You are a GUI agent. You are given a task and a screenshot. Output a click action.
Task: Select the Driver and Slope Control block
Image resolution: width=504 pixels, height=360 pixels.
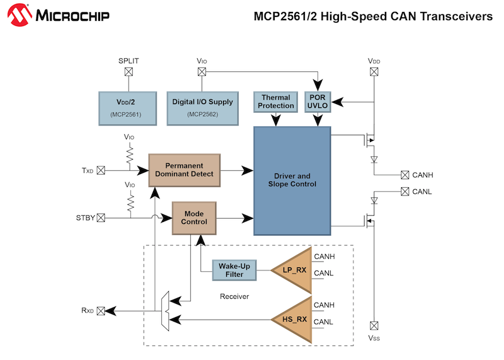291,180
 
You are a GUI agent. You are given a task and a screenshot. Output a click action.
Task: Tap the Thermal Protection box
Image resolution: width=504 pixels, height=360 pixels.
277,102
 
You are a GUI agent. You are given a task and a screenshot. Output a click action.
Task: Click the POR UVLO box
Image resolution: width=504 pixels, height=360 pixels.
318,102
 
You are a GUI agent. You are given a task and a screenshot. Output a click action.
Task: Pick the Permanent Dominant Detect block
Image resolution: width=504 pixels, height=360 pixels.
185,170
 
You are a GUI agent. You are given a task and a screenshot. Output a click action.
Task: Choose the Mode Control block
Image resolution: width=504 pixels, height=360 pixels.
194,218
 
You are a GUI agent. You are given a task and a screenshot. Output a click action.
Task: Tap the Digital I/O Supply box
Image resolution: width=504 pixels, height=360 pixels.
202,107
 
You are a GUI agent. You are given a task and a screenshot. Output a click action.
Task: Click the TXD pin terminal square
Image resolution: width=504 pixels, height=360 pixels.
101,170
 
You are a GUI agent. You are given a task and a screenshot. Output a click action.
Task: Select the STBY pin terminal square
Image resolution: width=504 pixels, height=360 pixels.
101,218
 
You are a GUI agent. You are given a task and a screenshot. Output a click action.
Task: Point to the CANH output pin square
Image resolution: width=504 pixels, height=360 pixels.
405,175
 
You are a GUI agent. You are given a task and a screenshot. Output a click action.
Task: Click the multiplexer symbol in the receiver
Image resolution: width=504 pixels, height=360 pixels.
165,311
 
